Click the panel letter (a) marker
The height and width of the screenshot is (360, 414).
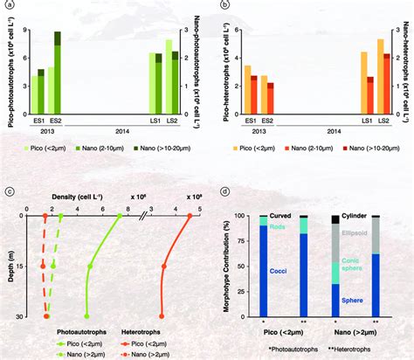[7, 5]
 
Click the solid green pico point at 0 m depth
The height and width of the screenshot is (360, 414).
[119, 215]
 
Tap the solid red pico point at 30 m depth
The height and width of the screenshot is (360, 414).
[162, 315]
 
